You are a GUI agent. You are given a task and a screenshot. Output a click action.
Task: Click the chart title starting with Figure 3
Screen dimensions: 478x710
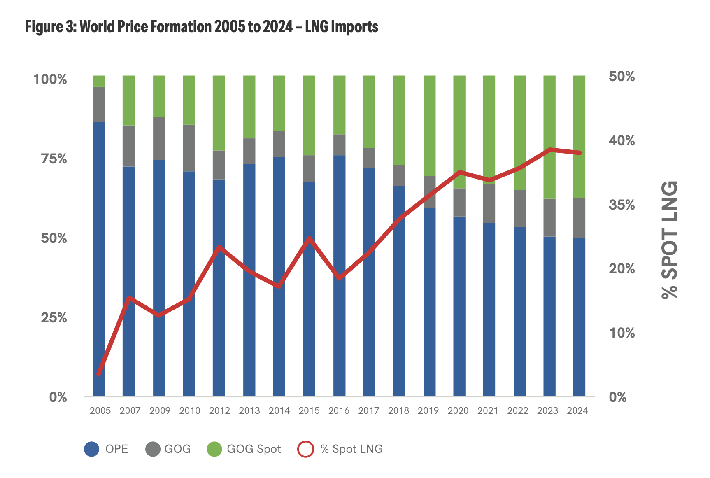(202, 27)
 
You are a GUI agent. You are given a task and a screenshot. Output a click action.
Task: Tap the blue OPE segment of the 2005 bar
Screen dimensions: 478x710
(99, 259)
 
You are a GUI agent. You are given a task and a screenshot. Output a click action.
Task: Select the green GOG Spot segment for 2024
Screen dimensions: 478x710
(579, 136)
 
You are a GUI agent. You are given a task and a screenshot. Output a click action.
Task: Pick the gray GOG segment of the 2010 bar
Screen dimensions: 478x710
(189, 148)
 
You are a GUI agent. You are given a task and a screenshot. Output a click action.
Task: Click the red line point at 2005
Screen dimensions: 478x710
(98, 374)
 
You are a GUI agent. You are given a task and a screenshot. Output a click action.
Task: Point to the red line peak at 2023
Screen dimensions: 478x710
(550, 149)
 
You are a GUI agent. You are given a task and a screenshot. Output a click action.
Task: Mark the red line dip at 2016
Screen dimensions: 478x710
(339, 278)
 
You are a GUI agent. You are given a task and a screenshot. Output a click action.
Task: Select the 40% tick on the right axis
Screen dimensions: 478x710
(622, 141)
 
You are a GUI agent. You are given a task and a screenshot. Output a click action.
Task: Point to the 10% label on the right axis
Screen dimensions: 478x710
(622, 333)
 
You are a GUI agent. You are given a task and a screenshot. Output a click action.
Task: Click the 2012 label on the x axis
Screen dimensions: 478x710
(219, 410)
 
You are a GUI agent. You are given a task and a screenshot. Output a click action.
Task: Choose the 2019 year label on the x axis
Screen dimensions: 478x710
(428, 410)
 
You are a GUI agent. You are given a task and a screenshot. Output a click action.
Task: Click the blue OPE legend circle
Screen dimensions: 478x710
(91, 449)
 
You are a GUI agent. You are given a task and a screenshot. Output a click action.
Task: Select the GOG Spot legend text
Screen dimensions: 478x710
(254, 449)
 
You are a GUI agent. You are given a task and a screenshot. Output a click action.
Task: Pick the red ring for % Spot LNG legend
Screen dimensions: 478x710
(305, 449)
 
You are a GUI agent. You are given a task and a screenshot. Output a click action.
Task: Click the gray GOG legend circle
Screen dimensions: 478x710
(153, 449)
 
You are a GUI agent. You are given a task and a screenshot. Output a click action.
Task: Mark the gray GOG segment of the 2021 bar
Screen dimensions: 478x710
(489, 203)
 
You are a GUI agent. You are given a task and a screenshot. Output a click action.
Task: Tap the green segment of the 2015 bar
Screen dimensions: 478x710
(309, 115)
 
